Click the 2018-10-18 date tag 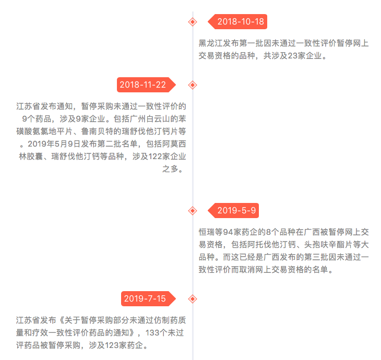[237, 21]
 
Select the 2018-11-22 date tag [146, 85]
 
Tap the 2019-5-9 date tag [233, 210]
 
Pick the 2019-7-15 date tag [148, 298]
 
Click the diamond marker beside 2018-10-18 [193, 22]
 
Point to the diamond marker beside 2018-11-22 [193, 85]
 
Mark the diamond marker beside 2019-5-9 [193, 211]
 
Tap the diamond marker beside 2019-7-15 [193, 299]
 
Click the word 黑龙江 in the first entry [211, 43]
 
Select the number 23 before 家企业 [293, 56]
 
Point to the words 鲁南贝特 [97, 131]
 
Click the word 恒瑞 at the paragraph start [207, 232]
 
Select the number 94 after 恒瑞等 [228, 232]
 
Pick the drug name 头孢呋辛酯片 [328, 245]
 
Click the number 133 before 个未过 [152, 333]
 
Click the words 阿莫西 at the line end [174, 144]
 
